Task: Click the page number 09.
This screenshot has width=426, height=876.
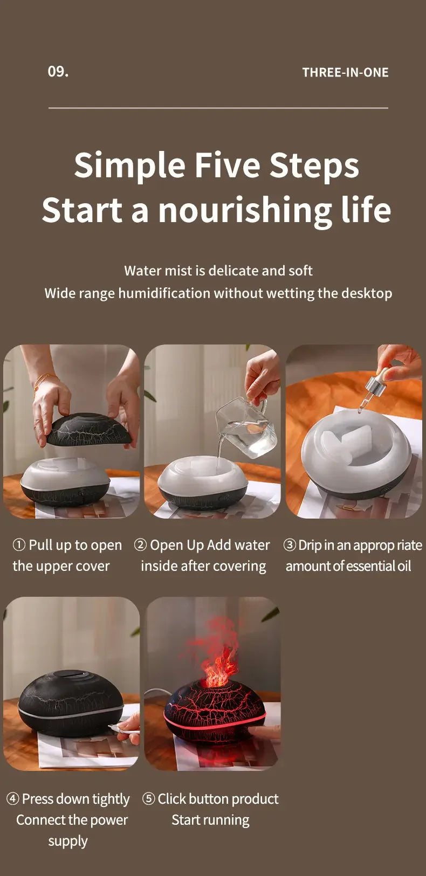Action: [58, 72]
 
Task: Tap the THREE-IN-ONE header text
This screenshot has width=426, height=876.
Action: [345, 72]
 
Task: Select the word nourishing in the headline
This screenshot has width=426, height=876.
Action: [245, 210]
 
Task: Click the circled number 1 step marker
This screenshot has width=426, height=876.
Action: [19, 545]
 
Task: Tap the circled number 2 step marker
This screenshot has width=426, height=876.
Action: [140, 545]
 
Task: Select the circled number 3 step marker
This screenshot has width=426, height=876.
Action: [290, 545]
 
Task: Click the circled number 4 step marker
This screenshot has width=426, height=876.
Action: [12, 799]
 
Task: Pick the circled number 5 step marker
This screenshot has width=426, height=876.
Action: [148, 799]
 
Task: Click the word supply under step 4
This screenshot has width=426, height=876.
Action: [67, 841]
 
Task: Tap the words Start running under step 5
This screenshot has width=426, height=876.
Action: [210, 820]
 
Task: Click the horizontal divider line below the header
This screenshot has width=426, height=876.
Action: [218, 108]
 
